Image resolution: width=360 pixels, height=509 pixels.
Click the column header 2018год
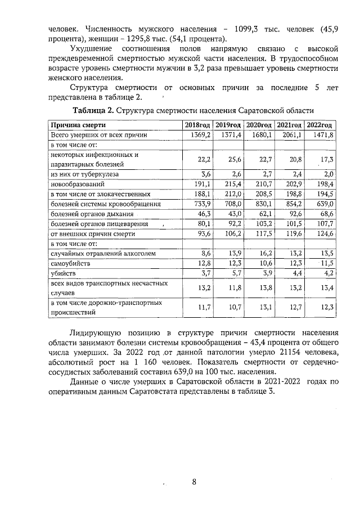click(197, 125)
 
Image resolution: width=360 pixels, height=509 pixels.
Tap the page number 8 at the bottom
click(194, 482)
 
